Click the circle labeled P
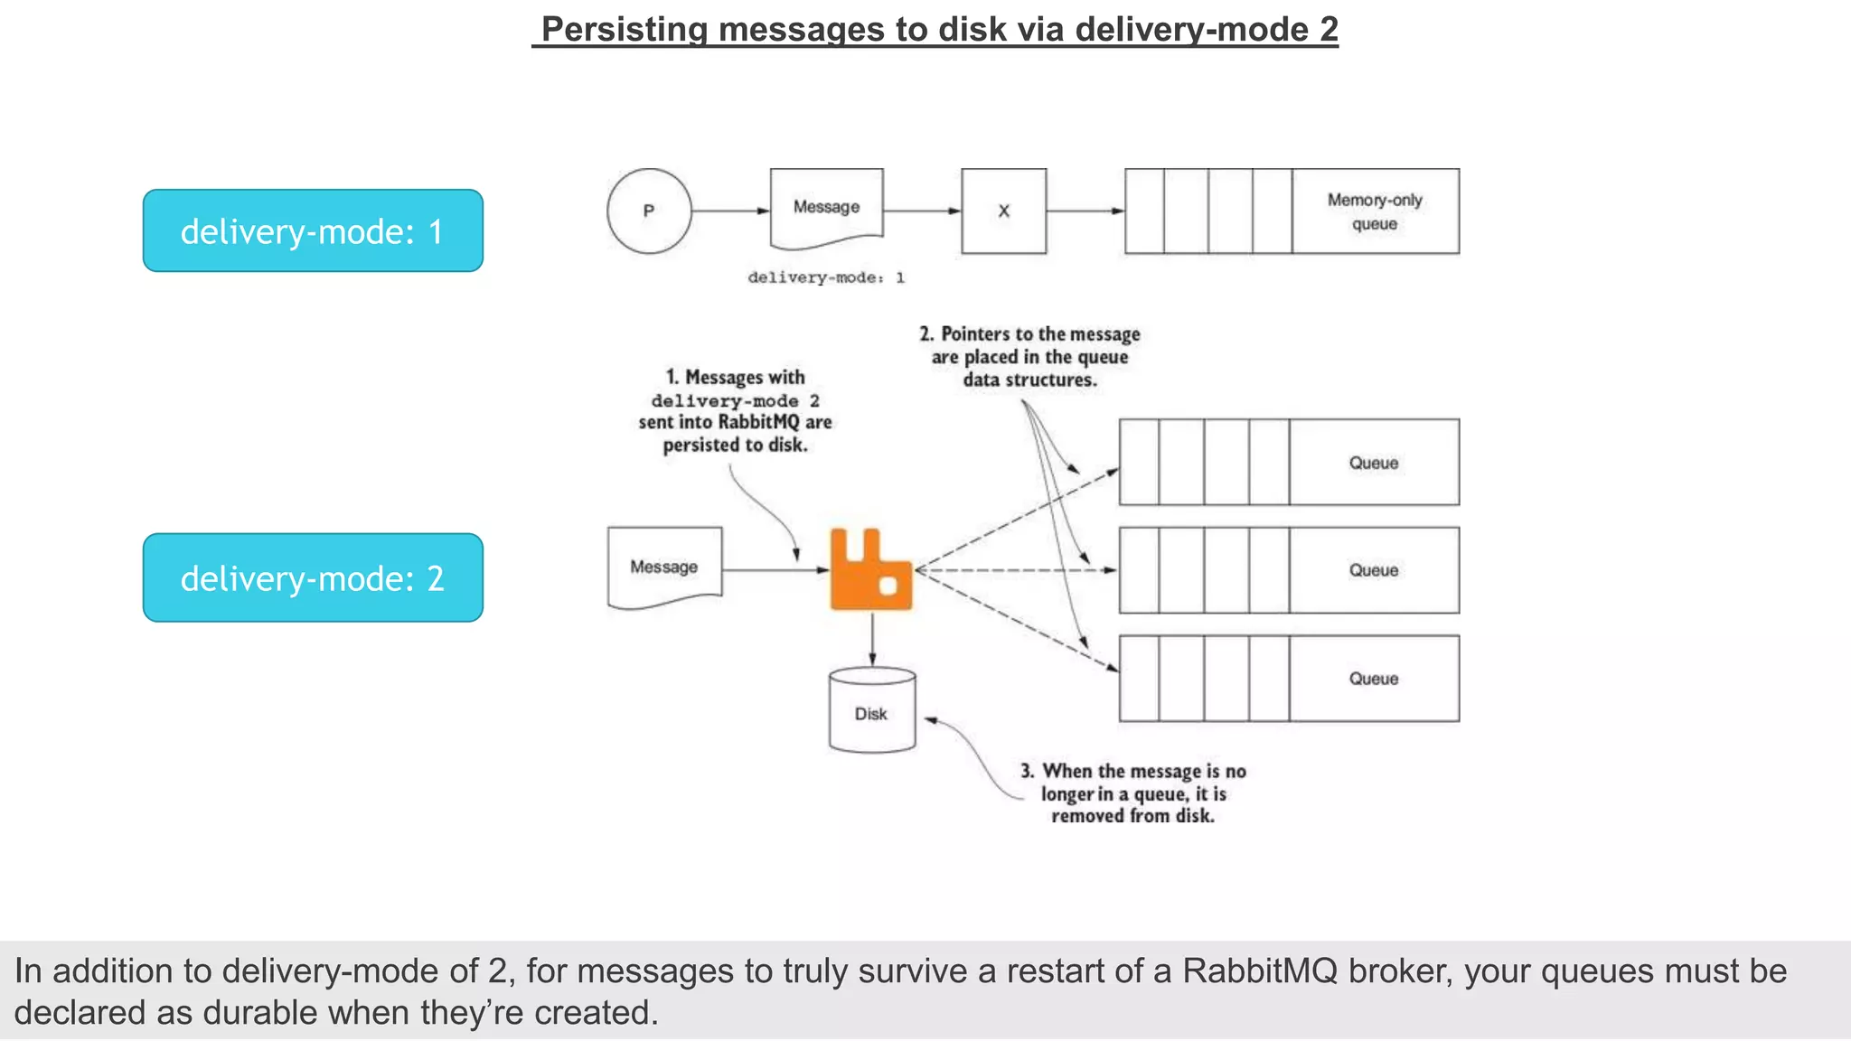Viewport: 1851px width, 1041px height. [649, 211]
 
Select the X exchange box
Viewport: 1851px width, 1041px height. [1003, 211]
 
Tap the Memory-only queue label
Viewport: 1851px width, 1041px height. [1374, 211]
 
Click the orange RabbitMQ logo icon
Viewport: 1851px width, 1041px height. [870, 571]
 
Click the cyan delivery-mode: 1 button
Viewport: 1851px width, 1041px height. [313, 231]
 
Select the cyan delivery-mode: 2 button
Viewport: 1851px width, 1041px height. [313, 578]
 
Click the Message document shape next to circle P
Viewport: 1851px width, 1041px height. [826, 208]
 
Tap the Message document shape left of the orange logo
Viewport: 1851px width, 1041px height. [664, 567]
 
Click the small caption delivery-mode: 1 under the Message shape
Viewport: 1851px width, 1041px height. [825, 277]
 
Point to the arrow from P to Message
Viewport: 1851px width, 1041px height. [730, 211]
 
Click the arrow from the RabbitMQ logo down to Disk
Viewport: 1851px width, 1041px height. [872, 640]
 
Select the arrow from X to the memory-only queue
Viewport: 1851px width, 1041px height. [1085, 211]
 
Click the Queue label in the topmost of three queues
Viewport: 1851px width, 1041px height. [1373, 463]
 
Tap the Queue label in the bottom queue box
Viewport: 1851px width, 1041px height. [1373, 679]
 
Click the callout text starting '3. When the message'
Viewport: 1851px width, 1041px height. [1133, 793]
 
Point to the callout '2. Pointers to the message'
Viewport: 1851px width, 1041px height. [1030, 357]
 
